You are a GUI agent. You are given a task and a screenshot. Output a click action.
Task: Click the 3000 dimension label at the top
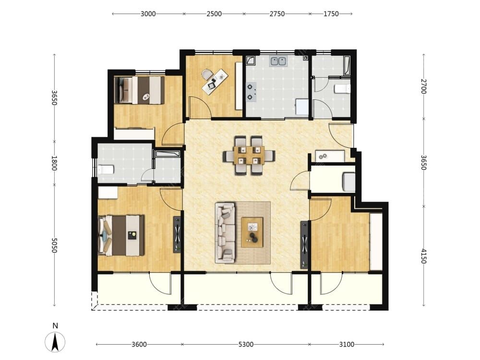pos(148,14)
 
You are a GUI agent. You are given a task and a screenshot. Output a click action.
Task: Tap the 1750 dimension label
pos(331,14)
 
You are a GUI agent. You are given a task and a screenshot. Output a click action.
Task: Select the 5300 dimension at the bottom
pos(246,344)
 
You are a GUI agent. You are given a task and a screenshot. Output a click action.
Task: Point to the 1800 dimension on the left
pos(54,163)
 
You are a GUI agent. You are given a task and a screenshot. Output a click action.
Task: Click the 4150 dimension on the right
pos(424,256)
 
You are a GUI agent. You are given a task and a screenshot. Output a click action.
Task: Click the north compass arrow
pos(55,342)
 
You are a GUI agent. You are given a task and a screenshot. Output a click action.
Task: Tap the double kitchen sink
pos(278,61)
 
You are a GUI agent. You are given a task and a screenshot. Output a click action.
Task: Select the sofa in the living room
pos(225,233)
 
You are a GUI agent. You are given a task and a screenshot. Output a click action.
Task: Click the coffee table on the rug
pos(252,232)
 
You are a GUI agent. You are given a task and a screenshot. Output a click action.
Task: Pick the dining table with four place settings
pos(249,155)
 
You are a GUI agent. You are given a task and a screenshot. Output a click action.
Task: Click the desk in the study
pos(215,81)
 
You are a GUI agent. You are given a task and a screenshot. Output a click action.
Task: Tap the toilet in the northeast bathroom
pos(342,89)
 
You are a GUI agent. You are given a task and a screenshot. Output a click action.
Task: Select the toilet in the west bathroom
pos(106,169)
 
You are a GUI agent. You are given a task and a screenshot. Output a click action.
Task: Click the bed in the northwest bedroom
pos(139,90)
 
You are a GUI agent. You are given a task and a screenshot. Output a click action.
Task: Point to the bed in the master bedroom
pos(121,235)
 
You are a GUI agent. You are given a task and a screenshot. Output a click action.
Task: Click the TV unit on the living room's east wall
pos(304,245)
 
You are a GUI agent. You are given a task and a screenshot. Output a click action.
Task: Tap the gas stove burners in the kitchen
pos(251,92)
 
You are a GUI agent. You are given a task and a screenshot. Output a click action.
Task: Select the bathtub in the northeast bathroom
pos(347,65)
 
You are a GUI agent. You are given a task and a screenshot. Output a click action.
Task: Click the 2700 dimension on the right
pos(424,86)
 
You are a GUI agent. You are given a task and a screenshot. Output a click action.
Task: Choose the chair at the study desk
pos(206,74)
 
